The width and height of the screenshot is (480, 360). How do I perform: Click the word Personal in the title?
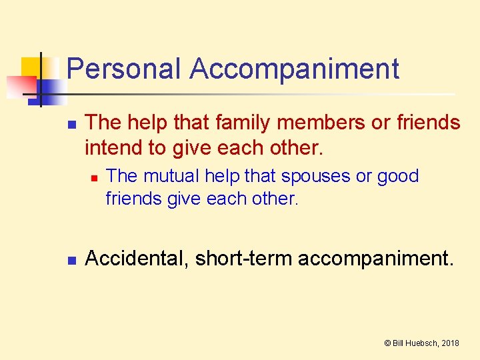[124, 69]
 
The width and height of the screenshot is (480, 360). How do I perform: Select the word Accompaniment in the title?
[294, 69]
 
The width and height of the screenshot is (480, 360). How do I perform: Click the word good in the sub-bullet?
[397, 176]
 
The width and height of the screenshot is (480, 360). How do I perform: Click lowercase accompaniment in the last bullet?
[375, 258]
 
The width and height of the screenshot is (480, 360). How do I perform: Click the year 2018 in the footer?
[450, 343]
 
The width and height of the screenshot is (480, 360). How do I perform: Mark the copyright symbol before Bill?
[387, 343]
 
